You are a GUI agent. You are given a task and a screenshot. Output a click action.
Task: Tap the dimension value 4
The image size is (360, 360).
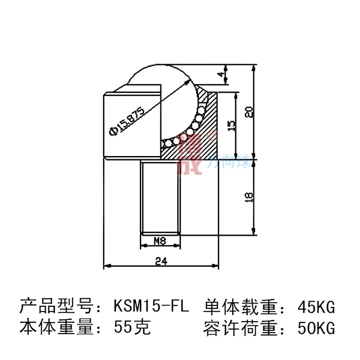[x=221, y=75]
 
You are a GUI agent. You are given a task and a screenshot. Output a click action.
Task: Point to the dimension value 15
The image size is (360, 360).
[x=231, y=125]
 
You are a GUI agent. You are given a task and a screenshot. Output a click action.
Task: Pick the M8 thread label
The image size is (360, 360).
[x=160, y=241]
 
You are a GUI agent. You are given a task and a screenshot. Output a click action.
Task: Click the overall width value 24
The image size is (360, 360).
[x=161, y=261]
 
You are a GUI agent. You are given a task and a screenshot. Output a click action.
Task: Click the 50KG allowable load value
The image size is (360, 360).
[x=315, y=328]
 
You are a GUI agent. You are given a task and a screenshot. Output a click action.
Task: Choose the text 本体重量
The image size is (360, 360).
[x=56, y=328]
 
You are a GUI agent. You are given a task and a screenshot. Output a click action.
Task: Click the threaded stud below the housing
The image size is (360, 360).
[x=160, y=196]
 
